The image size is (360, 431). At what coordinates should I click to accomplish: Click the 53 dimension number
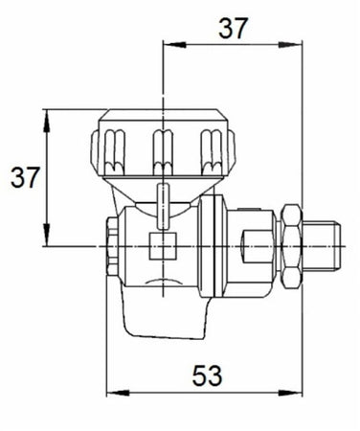(207, 375)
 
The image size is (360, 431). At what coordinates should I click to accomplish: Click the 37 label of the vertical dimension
(25, 177)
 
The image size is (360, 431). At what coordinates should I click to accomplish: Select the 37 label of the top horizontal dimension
(233, 29)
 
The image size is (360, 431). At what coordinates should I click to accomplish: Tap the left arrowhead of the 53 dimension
(118, 393)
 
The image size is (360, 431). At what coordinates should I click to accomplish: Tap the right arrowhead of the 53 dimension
(290, 393)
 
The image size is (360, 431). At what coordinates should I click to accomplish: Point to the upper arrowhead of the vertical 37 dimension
(47, 121)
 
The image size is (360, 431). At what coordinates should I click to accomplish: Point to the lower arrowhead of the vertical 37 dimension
(47, 235)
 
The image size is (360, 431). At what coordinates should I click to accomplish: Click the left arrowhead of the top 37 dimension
(174, 45)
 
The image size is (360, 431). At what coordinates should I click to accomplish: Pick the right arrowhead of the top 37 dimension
(290, 45)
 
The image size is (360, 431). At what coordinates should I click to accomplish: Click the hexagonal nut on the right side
(291, 247)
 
